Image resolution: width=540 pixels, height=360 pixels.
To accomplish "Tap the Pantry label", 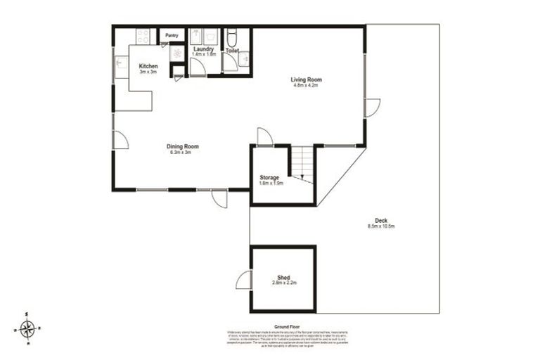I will click(x=172, y=34).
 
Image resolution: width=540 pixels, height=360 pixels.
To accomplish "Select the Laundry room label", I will click(x=203, y=49).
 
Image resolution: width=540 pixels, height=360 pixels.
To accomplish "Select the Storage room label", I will click(x=269, y=177).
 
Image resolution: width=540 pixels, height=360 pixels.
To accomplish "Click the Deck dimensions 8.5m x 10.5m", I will click(x=381, y=226).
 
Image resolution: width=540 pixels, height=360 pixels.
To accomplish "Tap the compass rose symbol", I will click(x=27, y=328).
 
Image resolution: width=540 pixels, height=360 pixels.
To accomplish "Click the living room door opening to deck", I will click(x=372, y=108).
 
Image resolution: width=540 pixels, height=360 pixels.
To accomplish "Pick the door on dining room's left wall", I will click(x=120, y=140).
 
